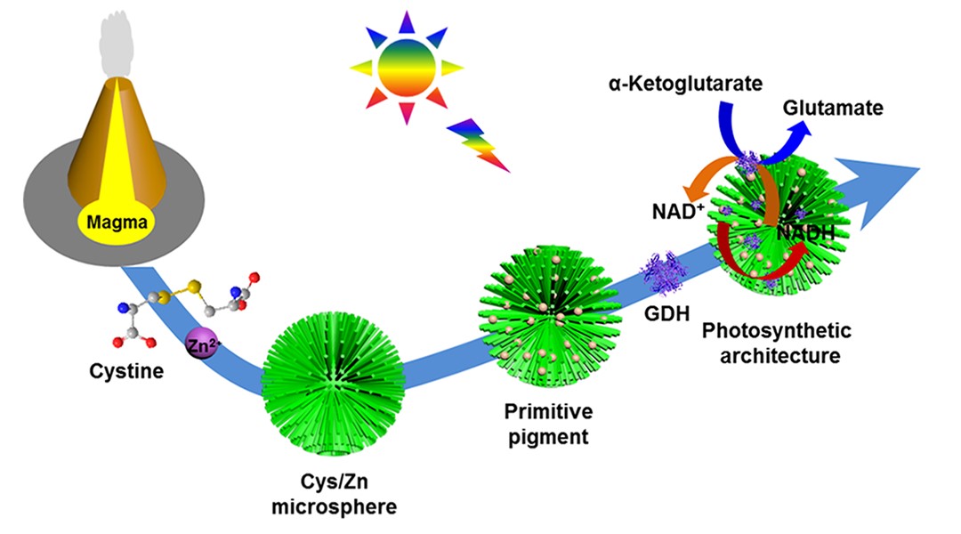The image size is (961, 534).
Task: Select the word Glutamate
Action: (x=833, y=109)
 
